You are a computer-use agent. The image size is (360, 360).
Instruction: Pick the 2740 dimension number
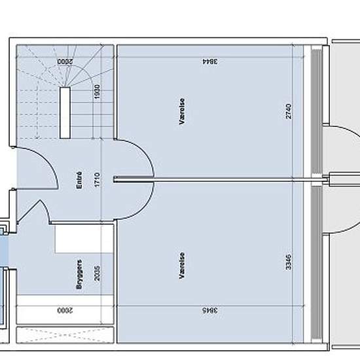pos(287,112)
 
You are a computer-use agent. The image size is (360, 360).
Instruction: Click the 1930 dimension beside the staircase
pos(96,92)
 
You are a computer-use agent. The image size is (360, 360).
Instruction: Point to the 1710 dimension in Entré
pos(96,181)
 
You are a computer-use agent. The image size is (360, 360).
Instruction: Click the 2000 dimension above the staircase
pos(63,62)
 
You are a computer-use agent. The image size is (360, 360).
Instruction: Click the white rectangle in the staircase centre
pos(65,111)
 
